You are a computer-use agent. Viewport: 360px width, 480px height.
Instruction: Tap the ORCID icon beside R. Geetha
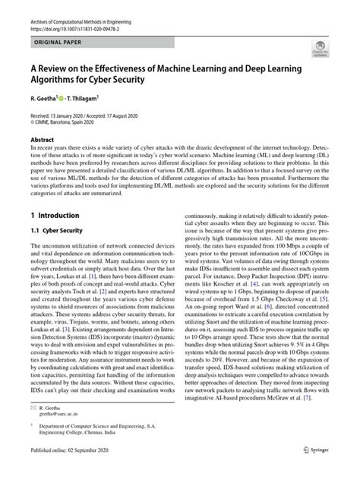tap(68, 98)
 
